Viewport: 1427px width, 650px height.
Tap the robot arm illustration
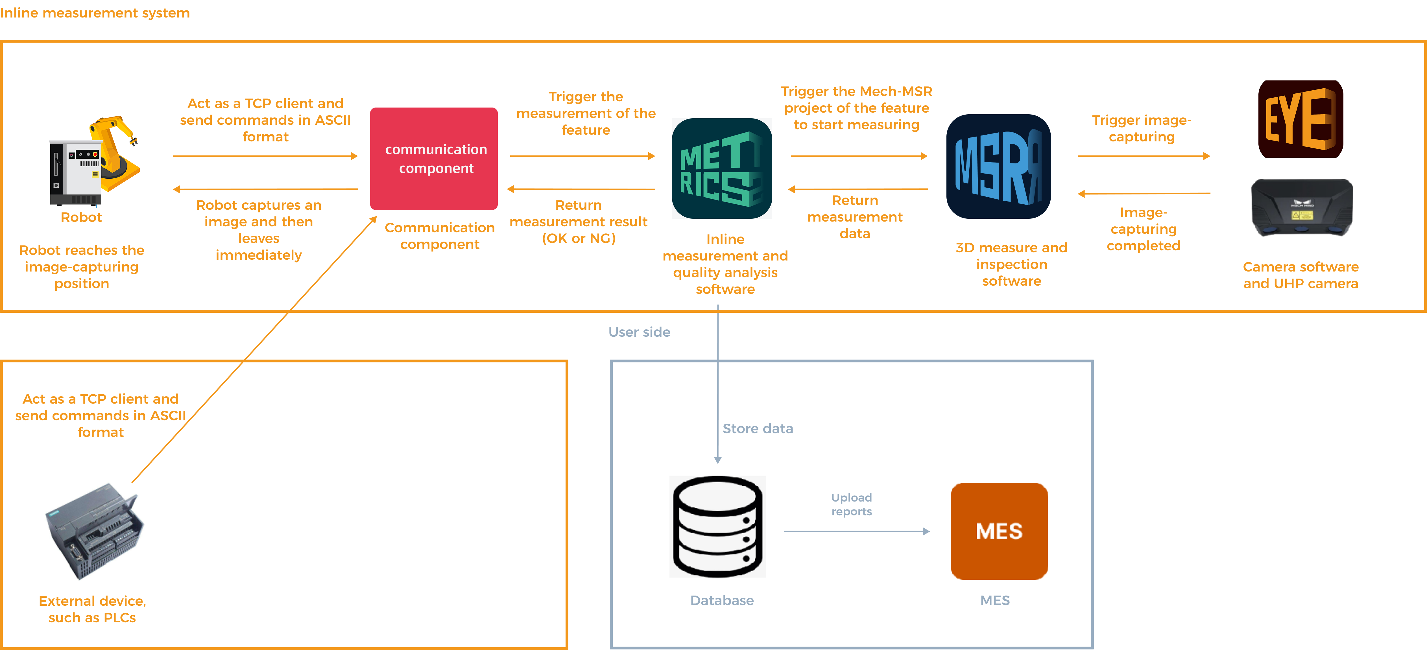92,161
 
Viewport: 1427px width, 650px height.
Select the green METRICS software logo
722,168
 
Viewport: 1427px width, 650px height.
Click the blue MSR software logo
998,167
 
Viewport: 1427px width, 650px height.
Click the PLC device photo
93,528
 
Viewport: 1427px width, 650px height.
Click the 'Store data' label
757,428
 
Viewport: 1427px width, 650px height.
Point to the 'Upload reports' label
852,504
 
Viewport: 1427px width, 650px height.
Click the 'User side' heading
639,332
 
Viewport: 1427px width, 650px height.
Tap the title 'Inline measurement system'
95,13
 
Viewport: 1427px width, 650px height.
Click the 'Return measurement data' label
855,217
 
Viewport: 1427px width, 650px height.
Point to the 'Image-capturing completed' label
1143,229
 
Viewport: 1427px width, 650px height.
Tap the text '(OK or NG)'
578,238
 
